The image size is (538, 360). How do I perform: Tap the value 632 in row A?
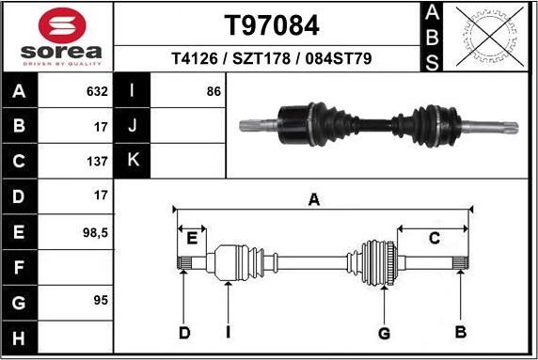point(97,92)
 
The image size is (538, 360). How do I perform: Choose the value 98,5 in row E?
point(95,230)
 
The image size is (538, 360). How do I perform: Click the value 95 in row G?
point(100,300)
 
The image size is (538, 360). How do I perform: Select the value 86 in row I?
point(213,92)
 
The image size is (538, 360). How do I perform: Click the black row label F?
point(20,266)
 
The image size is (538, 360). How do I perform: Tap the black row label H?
point(20,336)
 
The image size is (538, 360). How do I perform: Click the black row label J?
point(133,126)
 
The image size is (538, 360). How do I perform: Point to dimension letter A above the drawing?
point(315,199)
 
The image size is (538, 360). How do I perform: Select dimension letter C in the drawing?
point(434,238)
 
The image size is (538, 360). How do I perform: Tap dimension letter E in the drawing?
point(191,238)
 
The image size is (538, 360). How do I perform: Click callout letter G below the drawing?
point(384,332)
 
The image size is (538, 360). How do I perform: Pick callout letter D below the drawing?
point(185,332)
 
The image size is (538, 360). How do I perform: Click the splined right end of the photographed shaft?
point(505,124)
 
